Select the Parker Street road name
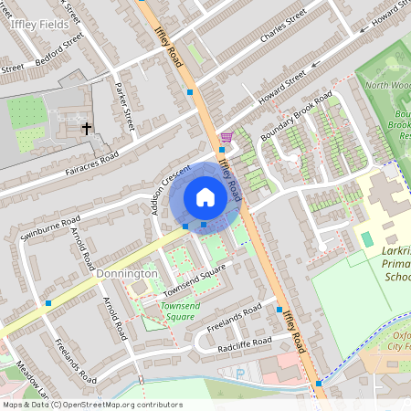coord(124,108)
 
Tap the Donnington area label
coord(126,273)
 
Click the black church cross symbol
coord(88,129)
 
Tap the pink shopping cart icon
coord(226,137)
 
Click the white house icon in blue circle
coord(205,197)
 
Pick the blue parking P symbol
coord(241,372)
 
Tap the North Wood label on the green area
coord(387,85)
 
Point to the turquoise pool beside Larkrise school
coord(366,238)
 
